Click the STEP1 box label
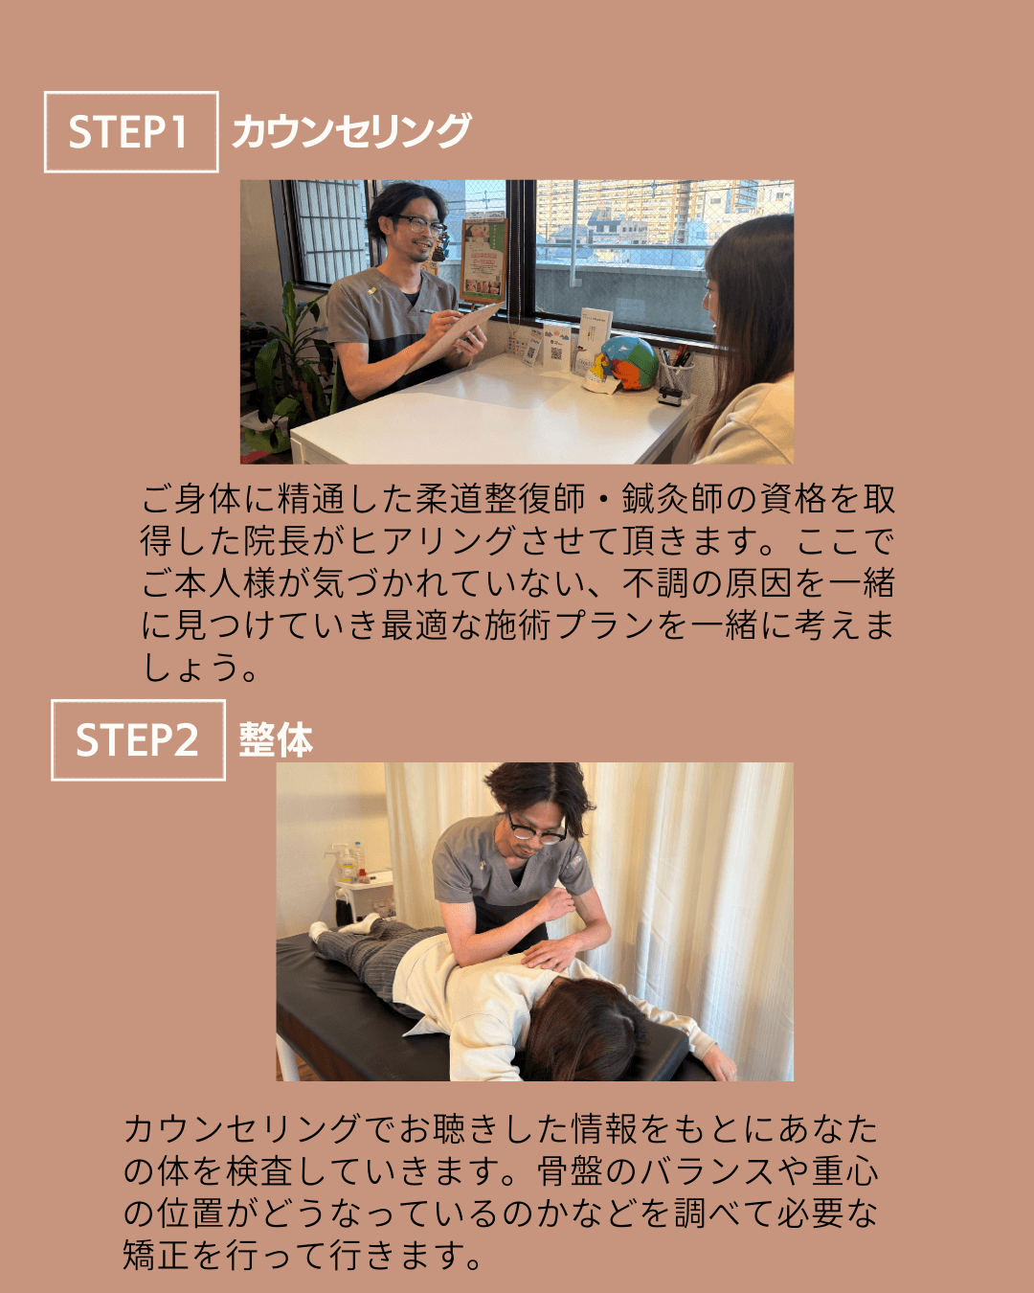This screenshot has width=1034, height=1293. tap(131, 131)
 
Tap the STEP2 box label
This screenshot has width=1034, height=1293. tap(138, 739)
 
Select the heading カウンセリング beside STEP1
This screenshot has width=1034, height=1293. tap(351, 130)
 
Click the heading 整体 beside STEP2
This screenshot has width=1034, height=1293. tap(276, 739)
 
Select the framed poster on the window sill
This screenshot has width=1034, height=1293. tap(483, 261)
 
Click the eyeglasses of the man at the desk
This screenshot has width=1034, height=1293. tap(422, 225)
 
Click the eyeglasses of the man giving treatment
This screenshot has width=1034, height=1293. tap(536, 829)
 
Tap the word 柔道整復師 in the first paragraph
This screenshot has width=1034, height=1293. tap(500, 499)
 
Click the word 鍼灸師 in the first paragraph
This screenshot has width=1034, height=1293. tap(672, 499)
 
